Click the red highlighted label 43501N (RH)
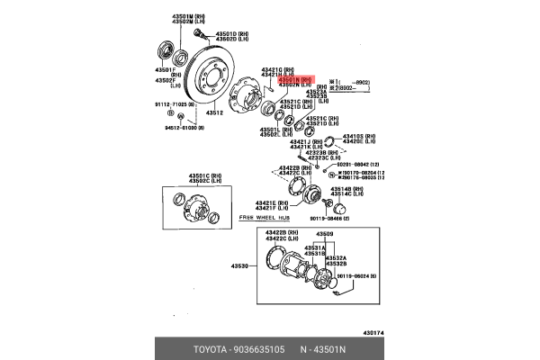click(x=293, y=79)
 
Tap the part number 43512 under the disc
click(x=213, y=113)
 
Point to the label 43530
click(x=238, y=266)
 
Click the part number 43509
click(x=324, y=234)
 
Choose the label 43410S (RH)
click(x=359, y=135)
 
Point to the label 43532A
click(x=336, y=257)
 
